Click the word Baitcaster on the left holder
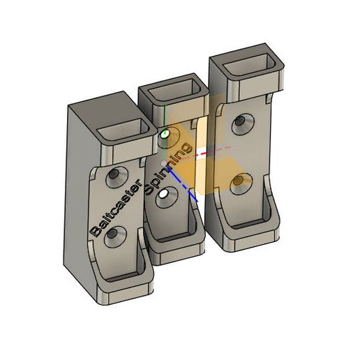click(x=116, y=208)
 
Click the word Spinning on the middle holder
click(x=168, y=168)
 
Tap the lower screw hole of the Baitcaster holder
click(x=115, y=237)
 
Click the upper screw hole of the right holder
click(x=243, y=124)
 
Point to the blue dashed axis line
click(x=183, y=186)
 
